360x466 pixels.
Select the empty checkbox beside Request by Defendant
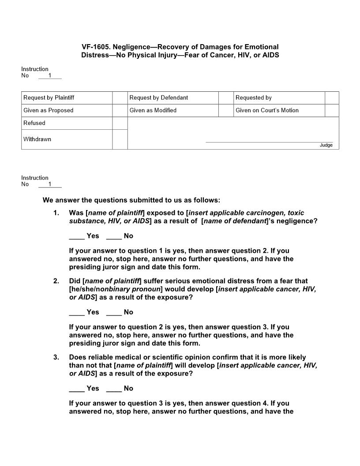click(225, 98)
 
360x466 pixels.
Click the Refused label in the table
click(34, 123)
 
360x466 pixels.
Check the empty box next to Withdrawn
click(120, 139)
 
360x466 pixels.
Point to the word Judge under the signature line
click(326, 145)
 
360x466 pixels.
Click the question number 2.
click(56, 281)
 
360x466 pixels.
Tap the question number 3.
click(56, 357)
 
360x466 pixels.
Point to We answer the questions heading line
click(131, 200)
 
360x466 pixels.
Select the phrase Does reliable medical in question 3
click(101, 357)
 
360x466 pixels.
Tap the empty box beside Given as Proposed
click(120, 110)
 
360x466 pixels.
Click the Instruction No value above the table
click(50, 75)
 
